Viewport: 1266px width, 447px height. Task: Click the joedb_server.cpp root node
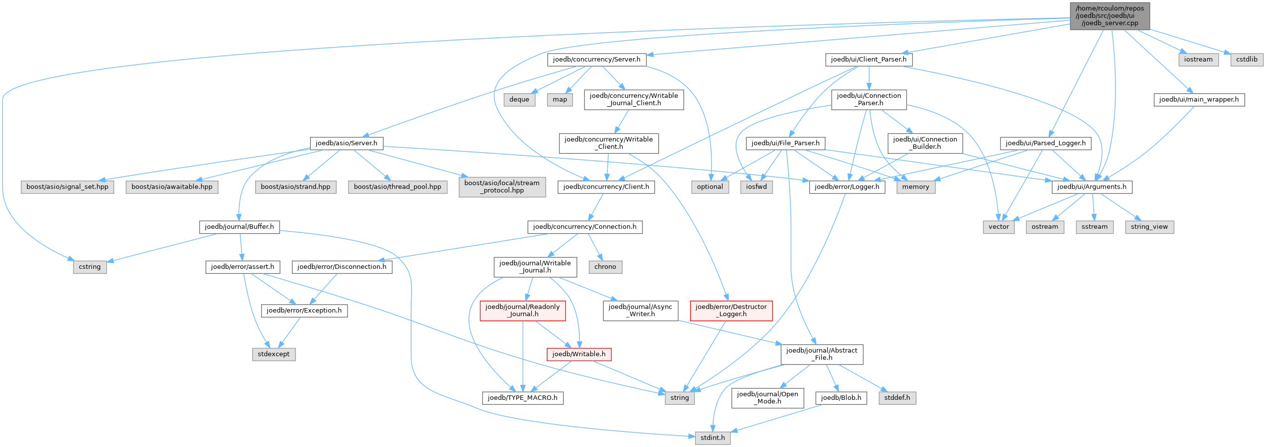1110,16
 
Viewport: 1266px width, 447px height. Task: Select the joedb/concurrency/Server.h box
596,60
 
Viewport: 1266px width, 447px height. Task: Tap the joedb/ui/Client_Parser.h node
868,60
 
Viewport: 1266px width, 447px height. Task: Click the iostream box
1198,60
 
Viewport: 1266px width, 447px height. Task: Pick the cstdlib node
1247,60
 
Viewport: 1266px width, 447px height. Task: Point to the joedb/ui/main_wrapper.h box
1198,100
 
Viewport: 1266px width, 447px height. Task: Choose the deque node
519,100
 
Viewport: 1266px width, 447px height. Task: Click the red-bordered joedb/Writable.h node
578,354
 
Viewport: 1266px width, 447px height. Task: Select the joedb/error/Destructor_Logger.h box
731,311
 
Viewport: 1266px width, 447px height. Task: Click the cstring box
89,267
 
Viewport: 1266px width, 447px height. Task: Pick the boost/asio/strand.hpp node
295,187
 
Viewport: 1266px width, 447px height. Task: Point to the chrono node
605,267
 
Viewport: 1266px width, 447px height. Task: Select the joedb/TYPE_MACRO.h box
522,398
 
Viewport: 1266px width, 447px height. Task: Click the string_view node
1149,227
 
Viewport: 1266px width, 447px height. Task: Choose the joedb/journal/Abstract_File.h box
821,354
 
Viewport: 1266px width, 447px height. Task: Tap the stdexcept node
274,354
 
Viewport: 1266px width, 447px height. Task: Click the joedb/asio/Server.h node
346,143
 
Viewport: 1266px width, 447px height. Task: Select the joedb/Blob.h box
841,398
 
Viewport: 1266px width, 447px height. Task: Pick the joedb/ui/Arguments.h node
1092,187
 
